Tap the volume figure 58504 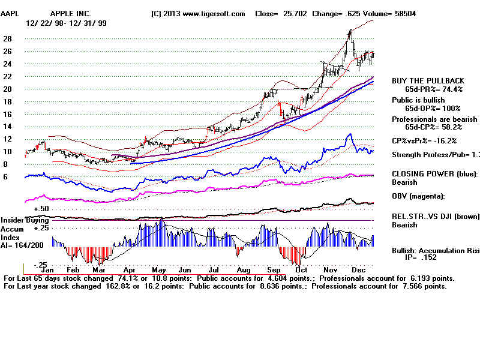click(404, 14)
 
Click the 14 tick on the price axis click(8, 127)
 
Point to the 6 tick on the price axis click(5, 177)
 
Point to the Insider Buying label click(23, 221)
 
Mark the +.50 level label click(41, 209)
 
